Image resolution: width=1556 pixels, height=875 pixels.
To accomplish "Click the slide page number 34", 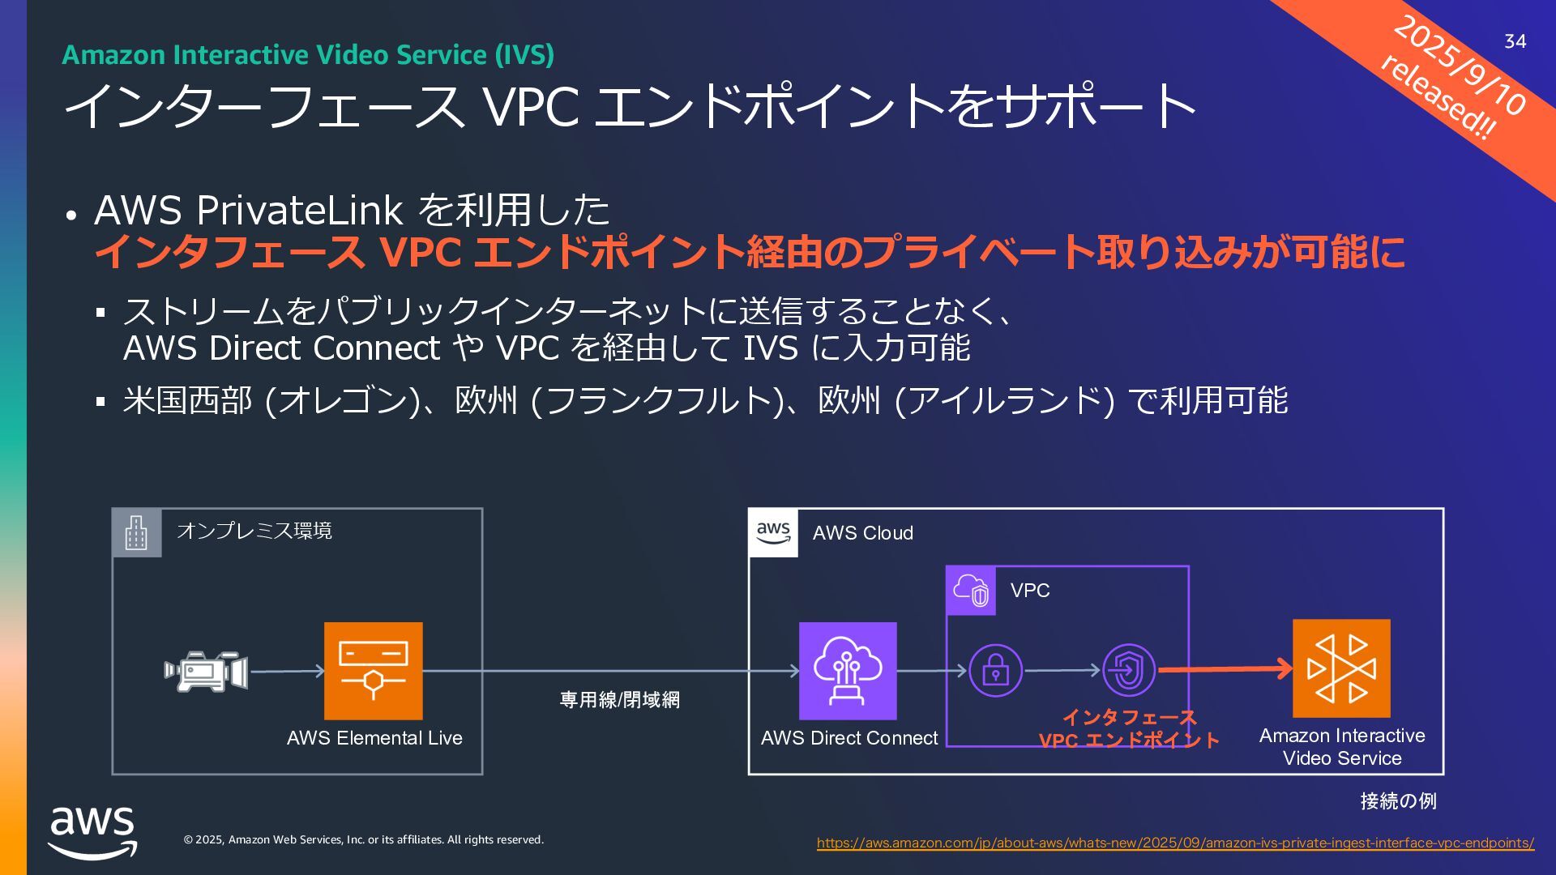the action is coord(1515,41).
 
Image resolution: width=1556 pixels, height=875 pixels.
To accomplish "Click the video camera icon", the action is coord(206,671).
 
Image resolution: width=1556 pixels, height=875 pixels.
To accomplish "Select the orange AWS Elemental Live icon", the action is coord(373,671).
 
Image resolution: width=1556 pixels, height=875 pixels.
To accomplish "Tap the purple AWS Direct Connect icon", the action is coord(848,671).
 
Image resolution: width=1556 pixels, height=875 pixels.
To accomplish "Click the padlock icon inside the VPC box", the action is coord(995,671).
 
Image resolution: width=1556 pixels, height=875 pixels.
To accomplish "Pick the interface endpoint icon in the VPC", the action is coord(1129,671).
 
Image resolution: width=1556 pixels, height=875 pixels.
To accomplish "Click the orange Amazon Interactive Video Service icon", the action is coord(1341,668).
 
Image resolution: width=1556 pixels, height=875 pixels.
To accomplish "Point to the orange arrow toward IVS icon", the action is coord(1224,669).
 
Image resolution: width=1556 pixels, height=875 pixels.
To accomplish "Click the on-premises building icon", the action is coord(136,533).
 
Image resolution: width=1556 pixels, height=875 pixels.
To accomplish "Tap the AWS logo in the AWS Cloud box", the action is coord(773,533).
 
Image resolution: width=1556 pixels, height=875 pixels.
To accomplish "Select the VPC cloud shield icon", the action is coord(971,591).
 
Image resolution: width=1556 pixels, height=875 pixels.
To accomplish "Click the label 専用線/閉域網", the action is coord(620,700).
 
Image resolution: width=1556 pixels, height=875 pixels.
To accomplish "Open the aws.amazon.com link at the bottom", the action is coord(1175,843).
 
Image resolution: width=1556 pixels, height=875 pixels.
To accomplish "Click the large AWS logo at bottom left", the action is coord(92,831).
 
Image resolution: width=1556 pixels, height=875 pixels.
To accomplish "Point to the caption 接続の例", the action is coord(1398,801).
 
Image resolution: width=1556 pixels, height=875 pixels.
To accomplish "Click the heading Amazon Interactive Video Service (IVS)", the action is coord(308,55).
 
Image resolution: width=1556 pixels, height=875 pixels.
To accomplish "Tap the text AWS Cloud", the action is coord(862,533).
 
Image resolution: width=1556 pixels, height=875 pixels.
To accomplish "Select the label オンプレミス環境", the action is coord(254,531).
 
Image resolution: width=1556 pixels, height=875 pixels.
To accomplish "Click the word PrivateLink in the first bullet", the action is coord(300,211).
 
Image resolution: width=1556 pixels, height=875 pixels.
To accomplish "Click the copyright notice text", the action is coord(364,840).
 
